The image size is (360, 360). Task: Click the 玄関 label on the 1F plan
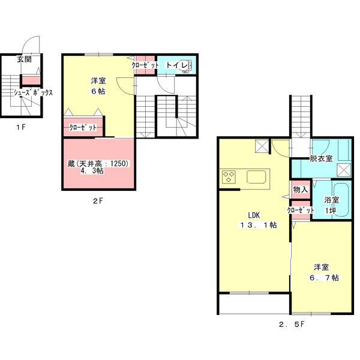24,59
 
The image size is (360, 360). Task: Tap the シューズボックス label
33,92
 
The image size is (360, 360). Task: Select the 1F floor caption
21,127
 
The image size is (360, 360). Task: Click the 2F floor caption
98,201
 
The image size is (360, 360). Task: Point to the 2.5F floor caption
292,325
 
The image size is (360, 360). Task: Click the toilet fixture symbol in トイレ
188,65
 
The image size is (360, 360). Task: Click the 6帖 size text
98,91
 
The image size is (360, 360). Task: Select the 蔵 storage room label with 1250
98,163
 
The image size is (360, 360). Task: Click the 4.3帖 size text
92,170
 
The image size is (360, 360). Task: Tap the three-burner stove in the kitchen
229,177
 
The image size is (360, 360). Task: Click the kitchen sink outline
256,176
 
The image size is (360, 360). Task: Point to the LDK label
254,215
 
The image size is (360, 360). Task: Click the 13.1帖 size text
258,225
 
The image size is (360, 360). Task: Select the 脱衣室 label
321,158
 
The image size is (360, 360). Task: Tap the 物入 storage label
301,190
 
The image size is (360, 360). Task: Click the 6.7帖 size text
324,278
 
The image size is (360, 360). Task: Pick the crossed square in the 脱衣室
344,170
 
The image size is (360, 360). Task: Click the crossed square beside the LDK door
262,146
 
